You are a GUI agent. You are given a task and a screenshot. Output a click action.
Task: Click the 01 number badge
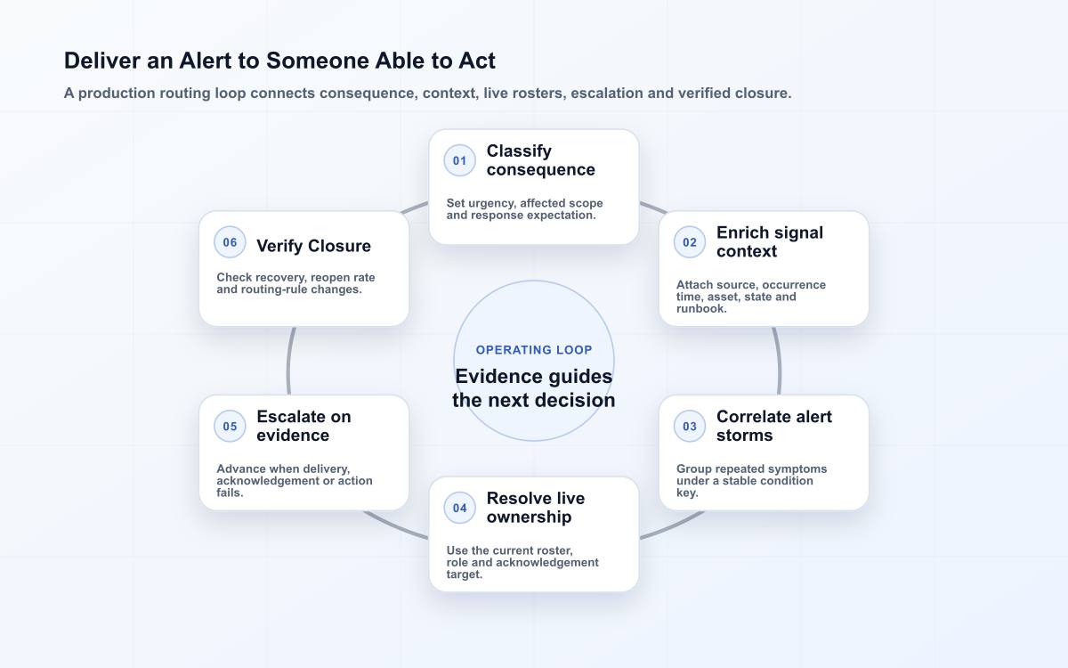pyautogui.click(x=459, y=161)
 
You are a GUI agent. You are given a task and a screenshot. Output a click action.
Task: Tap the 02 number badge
pyautogui.click(x=690, y=242)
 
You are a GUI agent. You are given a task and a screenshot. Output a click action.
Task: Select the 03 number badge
pyautogui.click(x=690, y=426)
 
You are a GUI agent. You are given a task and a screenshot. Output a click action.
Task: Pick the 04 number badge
pyautogui.click(x=459, y=509)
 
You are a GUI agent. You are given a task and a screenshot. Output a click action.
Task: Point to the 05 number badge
pyautogui.click(x=230, y=426)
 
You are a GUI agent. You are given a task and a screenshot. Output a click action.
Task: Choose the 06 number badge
pyautogui.click(x=230, y=242)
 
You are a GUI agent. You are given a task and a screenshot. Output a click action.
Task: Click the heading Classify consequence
pyautogui.click(x=541, y=160)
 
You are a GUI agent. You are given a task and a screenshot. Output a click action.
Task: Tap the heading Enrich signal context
pyautogui.click(x=770, y=242)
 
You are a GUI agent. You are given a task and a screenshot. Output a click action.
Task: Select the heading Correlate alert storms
pyautogui.click(x=773, y=426)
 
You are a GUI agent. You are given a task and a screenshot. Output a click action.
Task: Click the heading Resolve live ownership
pyautogui.click(x=536, y=508)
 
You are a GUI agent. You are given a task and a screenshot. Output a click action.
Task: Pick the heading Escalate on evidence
pyautogui.click(x=303, y=426)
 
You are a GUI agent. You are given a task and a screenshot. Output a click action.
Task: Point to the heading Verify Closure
pyautogui.click(x=313, y=246)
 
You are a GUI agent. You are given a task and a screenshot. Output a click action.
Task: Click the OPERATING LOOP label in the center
pyautogui.click(x=534, y=350)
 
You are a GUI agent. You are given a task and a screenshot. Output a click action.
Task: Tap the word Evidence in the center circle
pyautogui.click(x=498, y=377)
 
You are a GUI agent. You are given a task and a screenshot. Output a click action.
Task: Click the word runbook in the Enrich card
pyautogui.click(x=701, y=309)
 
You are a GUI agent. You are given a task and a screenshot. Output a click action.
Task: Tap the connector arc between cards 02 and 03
pyautogui.click(x=779, y=362)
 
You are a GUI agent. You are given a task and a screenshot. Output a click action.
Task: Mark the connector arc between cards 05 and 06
pyautogui.click(x=289, y=362)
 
